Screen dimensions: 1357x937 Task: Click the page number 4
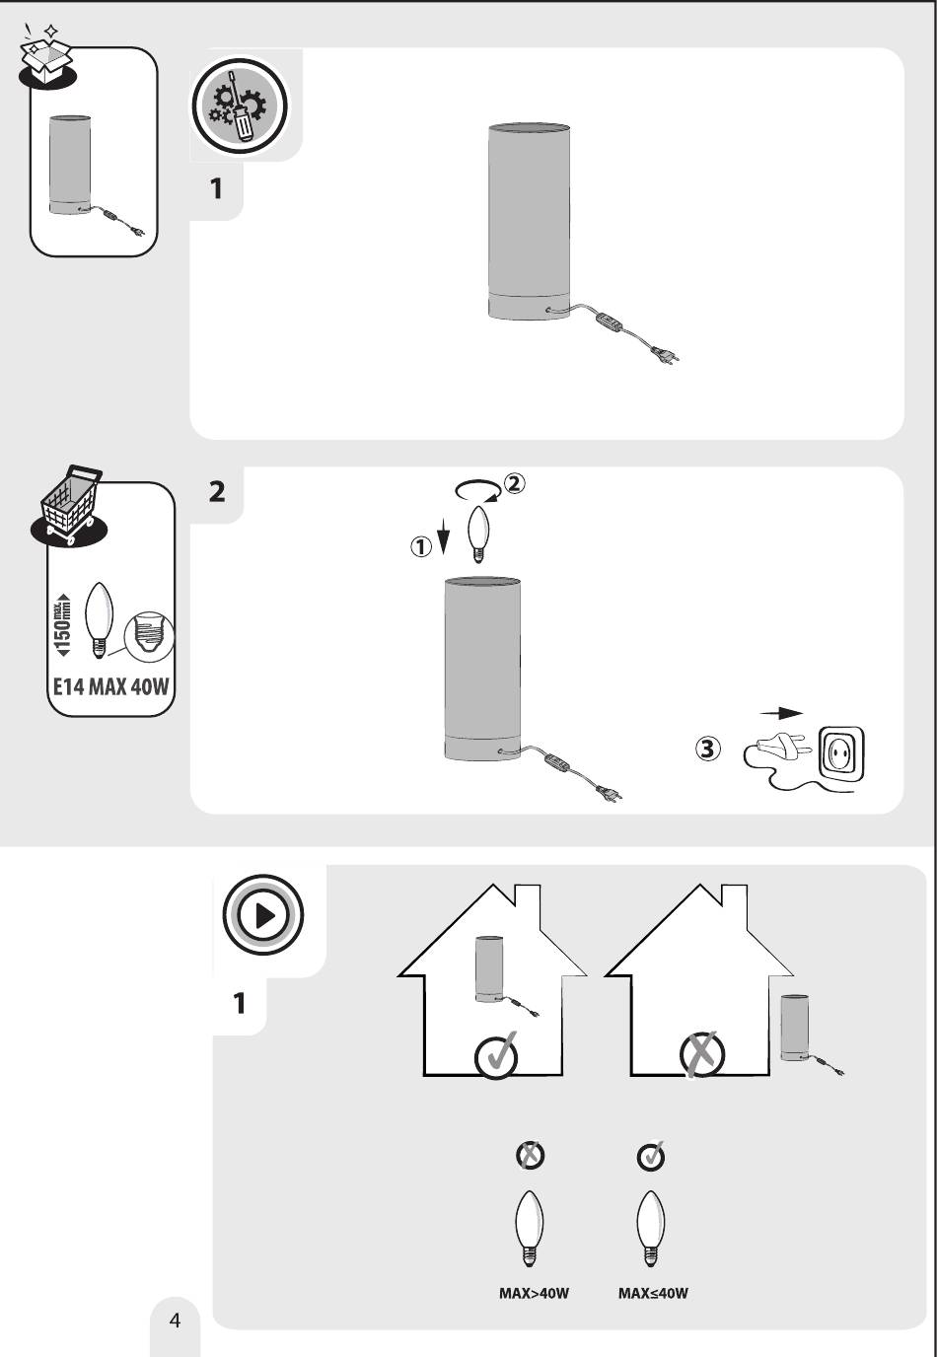[176, 1321]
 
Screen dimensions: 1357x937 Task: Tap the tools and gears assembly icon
[238, 106]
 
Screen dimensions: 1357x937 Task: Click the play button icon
[263, 915]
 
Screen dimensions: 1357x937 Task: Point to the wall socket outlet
[841, 755]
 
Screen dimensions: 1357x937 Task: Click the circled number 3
[707, 750]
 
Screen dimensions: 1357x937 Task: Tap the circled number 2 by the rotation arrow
[515, 483]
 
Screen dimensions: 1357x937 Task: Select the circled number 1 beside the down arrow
[421, 546]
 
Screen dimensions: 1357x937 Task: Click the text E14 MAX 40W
[111, 686]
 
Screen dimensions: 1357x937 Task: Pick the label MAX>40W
[534, 1293]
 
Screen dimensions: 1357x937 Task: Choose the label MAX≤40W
[653, 1293]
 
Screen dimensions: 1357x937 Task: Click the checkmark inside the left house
[496, 1057]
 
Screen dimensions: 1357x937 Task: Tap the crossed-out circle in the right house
[702, 1057]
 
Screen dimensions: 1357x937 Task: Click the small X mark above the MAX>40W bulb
[531, 1155]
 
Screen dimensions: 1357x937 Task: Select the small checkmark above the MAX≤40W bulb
[651, 1156]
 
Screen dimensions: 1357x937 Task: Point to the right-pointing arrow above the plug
[781, 713]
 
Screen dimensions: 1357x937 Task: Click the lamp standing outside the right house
[796, 1028]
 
